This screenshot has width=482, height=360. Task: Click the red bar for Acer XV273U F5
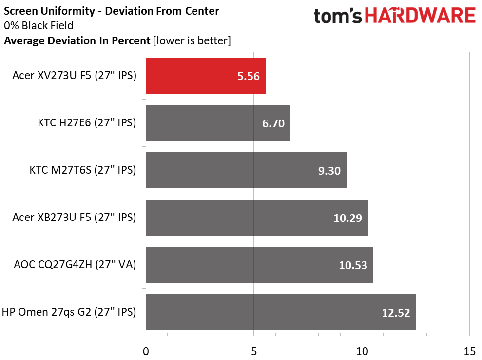pos(206,76)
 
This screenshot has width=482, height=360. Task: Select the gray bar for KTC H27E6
pos(218,123)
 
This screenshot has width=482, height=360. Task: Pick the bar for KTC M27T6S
pos(246,170)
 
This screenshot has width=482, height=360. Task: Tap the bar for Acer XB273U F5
pos(257,218)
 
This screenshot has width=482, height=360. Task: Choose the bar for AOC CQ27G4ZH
pos(260,265)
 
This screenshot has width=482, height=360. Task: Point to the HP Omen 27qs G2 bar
pos(281,312)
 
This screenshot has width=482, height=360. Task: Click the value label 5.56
pos(249,76)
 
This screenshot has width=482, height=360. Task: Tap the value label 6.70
pos(273,123)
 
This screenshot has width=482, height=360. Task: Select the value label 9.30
pos(329,171)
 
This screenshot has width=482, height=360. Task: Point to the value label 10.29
pos(347,218)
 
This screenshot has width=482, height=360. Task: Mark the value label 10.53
pos(353,265)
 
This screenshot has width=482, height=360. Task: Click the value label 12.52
pos(396,313)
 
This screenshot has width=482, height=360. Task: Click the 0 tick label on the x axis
pos(146,351)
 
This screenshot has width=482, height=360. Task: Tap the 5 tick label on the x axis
pos(254,351)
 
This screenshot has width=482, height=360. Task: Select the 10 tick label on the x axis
pos(362,351)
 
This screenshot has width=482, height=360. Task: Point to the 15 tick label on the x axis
pos(469,351)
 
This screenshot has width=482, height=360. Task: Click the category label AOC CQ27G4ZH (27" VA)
pos(75,264)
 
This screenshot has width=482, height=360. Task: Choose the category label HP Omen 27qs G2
pos(47,312)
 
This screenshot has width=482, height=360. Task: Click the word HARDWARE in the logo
pos(420,16)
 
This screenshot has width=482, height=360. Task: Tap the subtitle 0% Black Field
pos(39,25)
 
